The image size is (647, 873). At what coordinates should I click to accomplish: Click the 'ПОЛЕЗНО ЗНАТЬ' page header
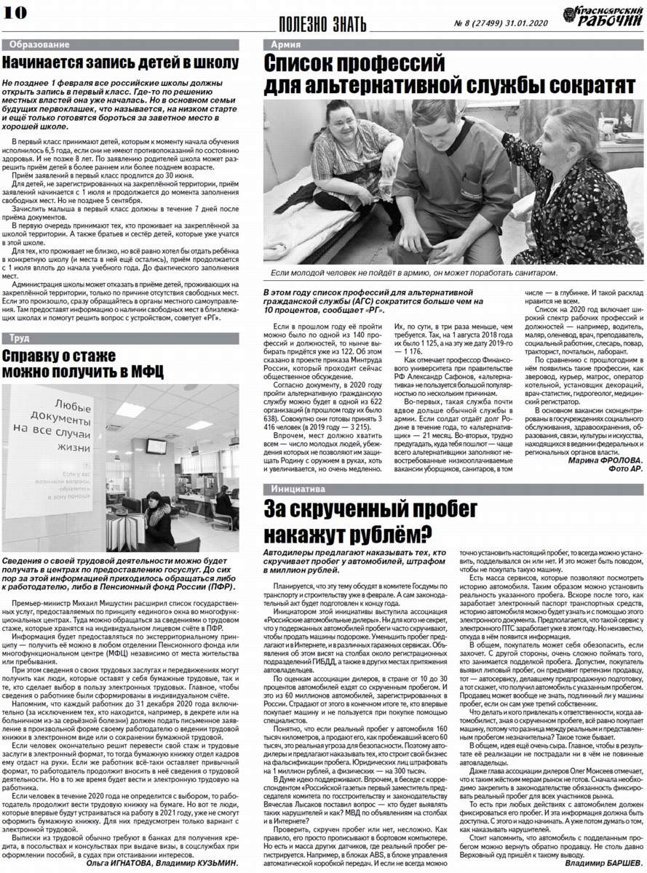point(323,24)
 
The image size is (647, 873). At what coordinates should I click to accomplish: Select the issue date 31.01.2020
point(527,24)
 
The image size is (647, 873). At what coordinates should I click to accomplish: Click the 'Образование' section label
point(36,45)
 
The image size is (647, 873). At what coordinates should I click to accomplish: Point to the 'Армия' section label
point(285,45)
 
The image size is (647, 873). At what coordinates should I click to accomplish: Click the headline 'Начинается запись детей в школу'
point(120,63)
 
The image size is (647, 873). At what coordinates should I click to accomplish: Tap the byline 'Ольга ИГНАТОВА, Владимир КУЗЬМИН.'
point(162,863)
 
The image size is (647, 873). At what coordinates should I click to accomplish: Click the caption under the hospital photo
point(413,273)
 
